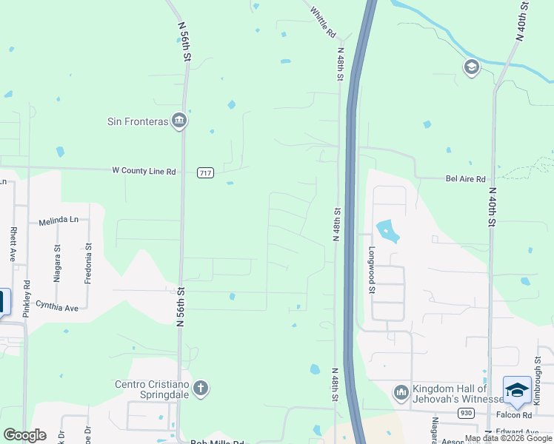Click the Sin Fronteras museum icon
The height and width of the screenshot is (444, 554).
click(178, 121)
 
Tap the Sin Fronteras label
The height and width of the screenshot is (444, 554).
click(139, 121)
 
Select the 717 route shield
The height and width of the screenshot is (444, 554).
click(205, 172)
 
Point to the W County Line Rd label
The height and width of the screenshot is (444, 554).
click(144, 171)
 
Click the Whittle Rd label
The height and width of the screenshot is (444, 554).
click(324, 23)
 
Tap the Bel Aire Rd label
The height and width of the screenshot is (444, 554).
click(465, 179)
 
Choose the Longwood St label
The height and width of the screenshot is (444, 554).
click(372, 269)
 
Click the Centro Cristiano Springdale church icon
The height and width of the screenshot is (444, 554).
click(199, 388)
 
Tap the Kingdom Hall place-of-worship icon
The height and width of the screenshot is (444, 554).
click(401, 391)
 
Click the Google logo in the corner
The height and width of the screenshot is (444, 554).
click(24, 435)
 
